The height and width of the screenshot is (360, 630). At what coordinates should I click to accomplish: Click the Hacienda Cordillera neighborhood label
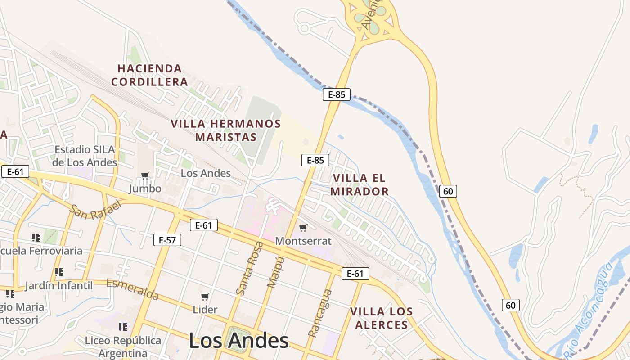149,75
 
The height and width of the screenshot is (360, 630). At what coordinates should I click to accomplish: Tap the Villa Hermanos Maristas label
226,130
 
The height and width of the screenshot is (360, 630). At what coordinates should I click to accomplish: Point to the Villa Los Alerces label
381,318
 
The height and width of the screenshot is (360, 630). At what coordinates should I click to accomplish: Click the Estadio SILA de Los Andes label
85,156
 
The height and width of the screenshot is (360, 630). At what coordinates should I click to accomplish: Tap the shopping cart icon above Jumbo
145,175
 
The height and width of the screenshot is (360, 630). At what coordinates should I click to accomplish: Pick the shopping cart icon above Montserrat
303,228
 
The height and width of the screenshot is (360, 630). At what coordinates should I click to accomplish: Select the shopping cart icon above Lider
205,297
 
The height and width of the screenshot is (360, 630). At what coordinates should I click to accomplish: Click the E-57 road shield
167,240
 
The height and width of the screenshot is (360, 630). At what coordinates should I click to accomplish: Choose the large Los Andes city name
238,341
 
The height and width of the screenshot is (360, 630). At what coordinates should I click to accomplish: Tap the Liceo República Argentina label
123,347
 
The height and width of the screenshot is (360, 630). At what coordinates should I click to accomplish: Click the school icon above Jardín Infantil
58,272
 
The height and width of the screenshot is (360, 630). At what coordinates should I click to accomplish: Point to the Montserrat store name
303,241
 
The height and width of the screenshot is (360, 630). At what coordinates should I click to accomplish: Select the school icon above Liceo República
123,327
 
